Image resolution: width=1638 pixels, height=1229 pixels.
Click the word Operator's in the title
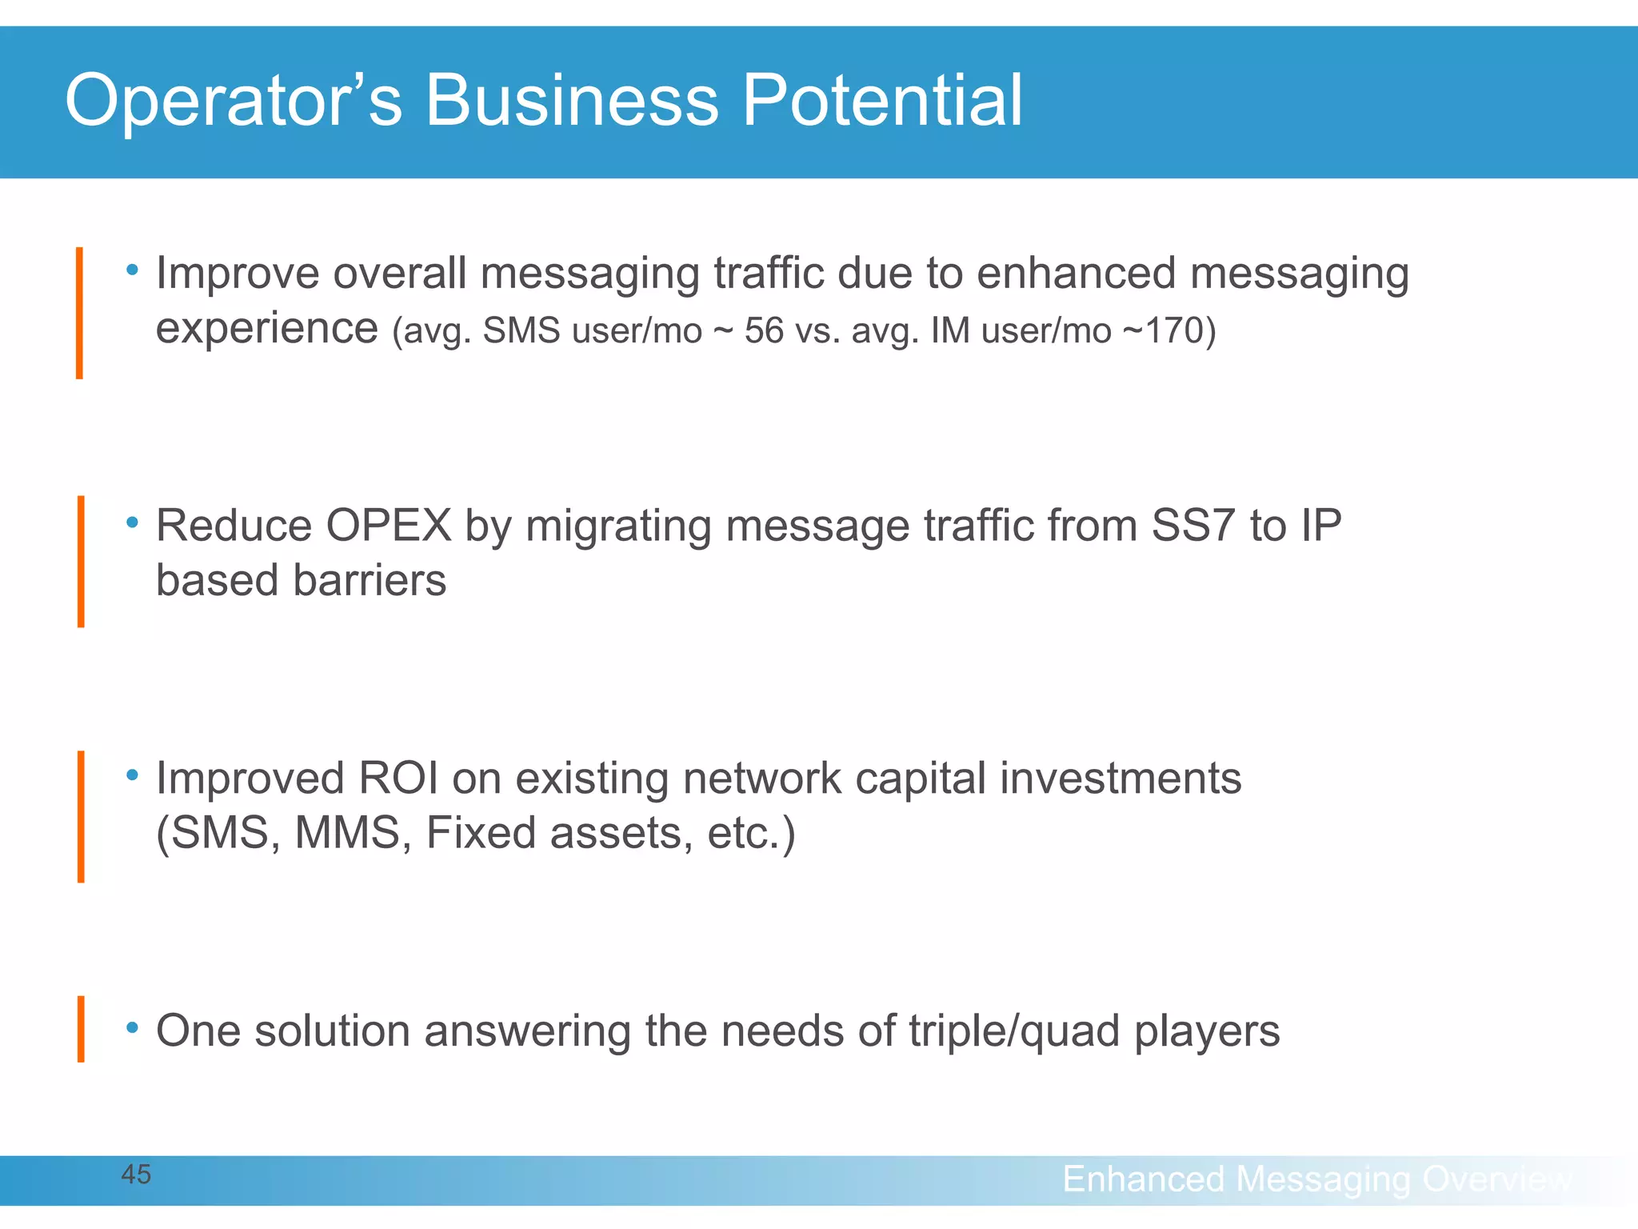[233, 101]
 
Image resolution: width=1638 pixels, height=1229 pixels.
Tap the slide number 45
[136, 1175]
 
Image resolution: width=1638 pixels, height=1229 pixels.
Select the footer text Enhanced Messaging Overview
[1316, 1179]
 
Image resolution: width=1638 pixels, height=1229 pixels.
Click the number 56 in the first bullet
[764, 331]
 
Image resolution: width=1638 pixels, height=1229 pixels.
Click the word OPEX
[389, 526]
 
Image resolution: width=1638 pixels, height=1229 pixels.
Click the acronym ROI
[398, 779]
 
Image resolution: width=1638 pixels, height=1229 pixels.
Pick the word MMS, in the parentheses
[353, 833]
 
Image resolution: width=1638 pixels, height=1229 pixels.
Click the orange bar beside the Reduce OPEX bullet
[81, 562]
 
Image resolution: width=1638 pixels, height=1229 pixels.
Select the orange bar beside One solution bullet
[81, 1029]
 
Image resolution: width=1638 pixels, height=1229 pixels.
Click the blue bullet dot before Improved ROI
[133, 775]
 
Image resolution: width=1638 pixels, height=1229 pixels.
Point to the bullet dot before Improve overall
[133, 270]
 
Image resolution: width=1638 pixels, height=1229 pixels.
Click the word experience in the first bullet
[266, 329]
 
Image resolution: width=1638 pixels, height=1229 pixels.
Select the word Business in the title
[571, 101]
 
